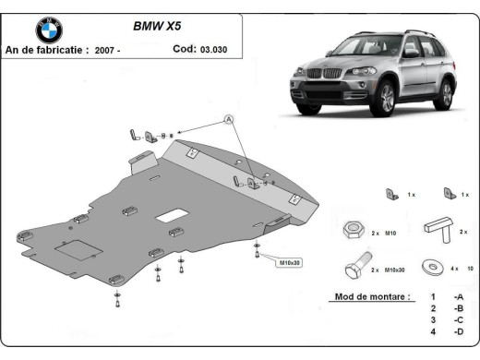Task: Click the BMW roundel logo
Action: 49,30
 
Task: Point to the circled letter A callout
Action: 228,119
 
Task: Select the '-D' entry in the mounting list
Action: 459,331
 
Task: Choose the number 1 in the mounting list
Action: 432,298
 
